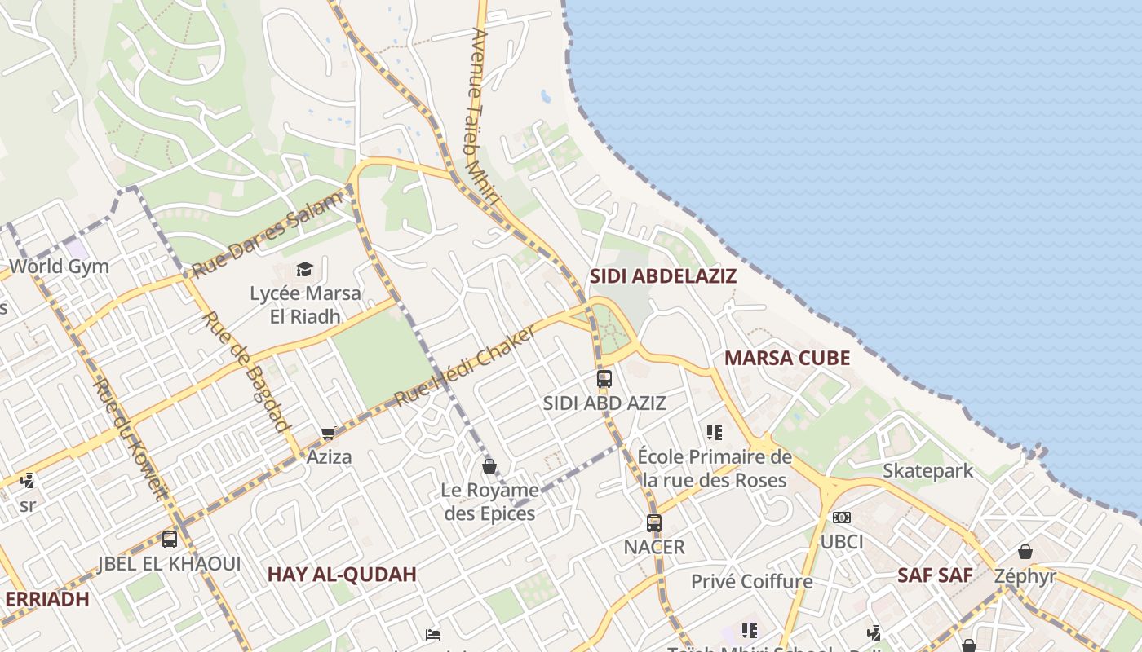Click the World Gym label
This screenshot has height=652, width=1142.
59,267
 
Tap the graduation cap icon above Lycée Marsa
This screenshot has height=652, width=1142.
304,269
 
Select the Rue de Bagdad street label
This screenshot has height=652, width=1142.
246,371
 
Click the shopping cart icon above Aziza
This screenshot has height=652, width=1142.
329,433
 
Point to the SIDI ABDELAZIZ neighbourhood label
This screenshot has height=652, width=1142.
663,275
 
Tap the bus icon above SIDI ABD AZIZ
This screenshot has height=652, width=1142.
604,378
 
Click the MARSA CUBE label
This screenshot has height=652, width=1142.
787,358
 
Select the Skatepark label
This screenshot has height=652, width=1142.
928,470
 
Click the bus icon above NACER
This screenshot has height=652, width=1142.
654,522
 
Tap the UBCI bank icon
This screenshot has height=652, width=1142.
842,518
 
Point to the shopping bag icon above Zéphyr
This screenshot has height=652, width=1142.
1025,552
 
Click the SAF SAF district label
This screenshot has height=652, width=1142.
935,575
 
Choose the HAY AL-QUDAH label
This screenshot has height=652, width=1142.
342,575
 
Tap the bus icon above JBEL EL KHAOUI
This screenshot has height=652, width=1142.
170,539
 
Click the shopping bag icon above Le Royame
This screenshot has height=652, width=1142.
489,465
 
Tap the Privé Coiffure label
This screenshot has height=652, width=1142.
752,581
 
